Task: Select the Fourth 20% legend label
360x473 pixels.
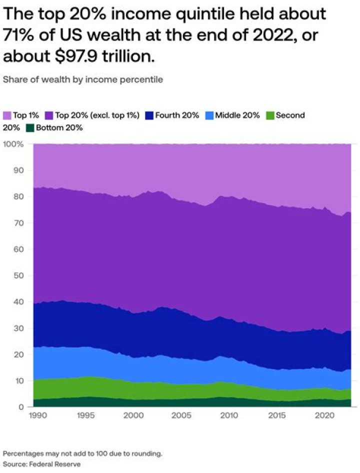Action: pyautogui.click(x=177, y=115)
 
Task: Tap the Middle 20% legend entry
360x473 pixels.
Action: pyautogui.click(x=237, y=115)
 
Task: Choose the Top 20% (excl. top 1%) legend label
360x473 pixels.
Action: pyautogui.click(x=97, y=115)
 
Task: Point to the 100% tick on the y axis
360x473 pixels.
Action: pyautogui.click(x=13, y=144)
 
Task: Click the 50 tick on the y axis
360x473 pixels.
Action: pyautogui.click(x=18, y=275)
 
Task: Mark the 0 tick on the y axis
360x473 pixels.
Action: pyautogui.click(x=21, y=407)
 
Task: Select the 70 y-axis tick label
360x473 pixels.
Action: pyautogui.click(x=18, y=223)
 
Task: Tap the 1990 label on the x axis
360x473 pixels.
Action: pyautogui.click(x=38, y=416)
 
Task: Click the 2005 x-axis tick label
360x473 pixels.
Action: pyautogui.click(x=181, y=416)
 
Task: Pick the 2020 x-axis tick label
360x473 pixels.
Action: pyautogui.click(x=325, y=416)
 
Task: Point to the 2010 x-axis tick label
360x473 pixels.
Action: pyautogui.click(x=229, y=416)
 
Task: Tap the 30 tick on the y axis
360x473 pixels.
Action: pyautogui.click(x=18, y=328)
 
